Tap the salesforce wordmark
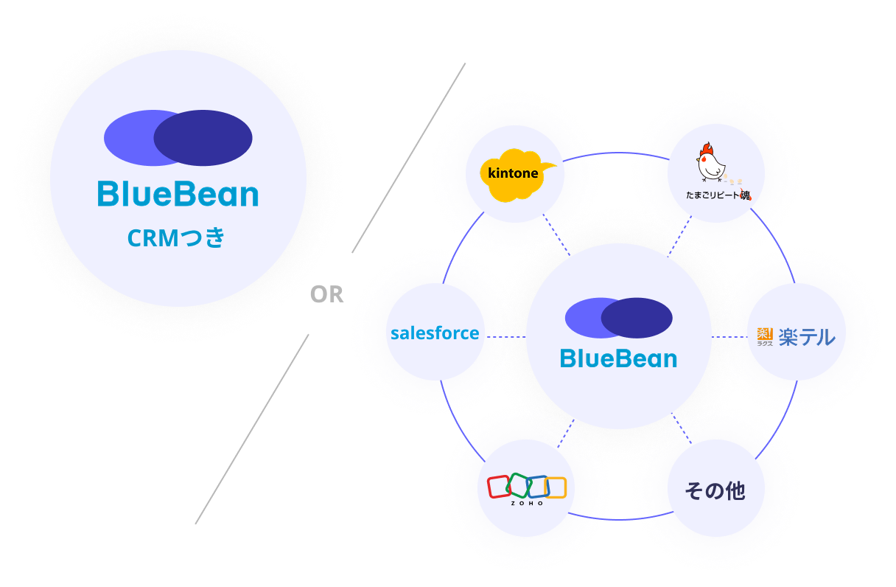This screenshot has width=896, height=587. tap(435, 333)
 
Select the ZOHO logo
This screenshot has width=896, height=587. tap(526, 489)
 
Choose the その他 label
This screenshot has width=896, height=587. tap(715, 490)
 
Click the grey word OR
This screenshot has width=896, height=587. tap(327, 294)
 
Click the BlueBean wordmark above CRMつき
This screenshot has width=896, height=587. tap(178, 195)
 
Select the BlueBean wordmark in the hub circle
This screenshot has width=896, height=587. tap(618, 359)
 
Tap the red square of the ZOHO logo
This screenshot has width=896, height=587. tap(499, 487)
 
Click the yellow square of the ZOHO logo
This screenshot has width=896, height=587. tap(555, 487)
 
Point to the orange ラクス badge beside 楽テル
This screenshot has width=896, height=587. tap(765, 336)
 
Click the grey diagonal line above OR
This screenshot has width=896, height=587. tap(409, 158)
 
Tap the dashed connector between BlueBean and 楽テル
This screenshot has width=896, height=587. tap(729, 336)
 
